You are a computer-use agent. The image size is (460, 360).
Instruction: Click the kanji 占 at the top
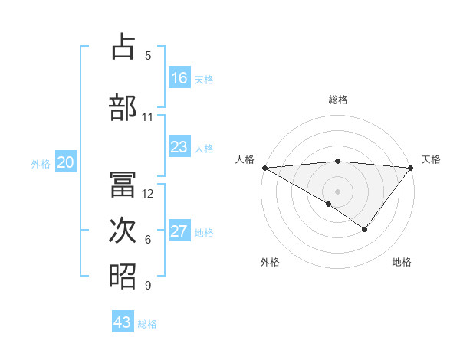pyautogui.click(x=123, y=47)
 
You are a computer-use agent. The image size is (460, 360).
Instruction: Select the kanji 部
pyautogui.click(x=123, y=107)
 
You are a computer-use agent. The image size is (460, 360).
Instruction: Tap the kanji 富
pyautogui.click(x=123, y=184)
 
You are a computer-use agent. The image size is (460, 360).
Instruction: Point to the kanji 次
pyautogui.click(x=123, y=231)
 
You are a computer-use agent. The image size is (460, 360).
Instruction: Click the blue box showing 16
pyautogui.click(x=179, y=78)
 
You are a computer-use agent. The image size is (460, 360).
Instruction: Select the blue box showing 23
pyautogui.click(x=179, y=147)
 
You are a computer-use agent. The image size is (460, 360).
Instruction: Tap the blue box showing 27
pyautogui.click(x=179, y=231)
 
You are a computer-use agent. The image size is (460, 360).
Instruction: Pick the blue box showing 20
pyautogui.click(x=66, y=162)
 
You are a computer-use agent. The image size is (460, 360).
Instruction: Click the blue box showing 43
pyautogui.click(x=123, y=322)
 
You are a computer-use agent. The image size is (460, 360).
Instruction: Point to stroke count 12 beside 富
pyautogui.click(x=148, y=194)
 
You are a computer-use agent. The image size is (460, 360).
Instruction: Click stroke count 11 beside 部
pyautogui.click(x=148, y=117)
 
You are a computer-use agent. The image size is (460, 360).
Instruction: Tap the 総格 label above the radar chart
pyautogui.click(x=338, y=100)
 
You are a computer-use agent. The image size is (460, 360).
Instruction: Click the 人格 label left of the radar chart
pyautogui.click(x=245, y=159)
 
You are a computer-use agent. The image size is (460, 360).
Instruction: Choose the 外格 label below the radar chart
pyautogui.click(x=269, y=262)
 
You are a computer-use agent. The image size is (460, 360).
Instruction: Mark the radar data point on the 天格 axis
pyautogui.click(x=412, y=167)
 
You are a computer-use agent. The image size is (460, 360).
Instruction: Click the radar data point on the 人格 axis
pyautogui.click(x=264, y=167)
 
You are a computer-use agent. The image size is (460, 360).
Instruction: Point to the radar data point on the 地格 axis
pyautogui.click(x=365, y=229)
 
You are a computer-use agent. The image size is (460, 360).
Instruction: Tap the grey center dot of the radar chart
pyautogui.click(x=338, y=191)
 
